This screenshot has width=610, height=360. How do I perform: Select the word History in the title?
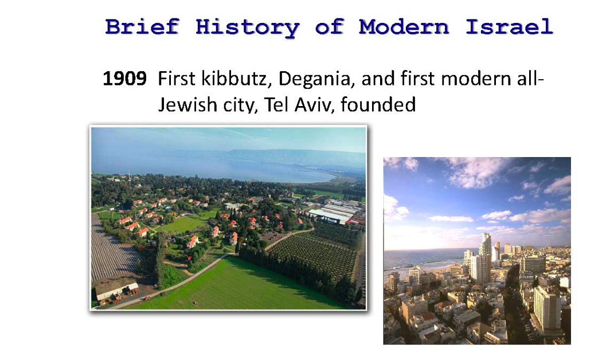(x=248, y=28)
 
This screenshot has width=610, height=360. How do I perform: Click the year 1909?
(x=124, y=79)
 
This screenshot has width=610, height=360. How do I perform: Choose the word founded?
(x=378, y=104)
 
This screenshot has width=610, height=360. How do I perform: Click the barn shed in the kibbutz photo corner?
(x=116, y=289)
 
